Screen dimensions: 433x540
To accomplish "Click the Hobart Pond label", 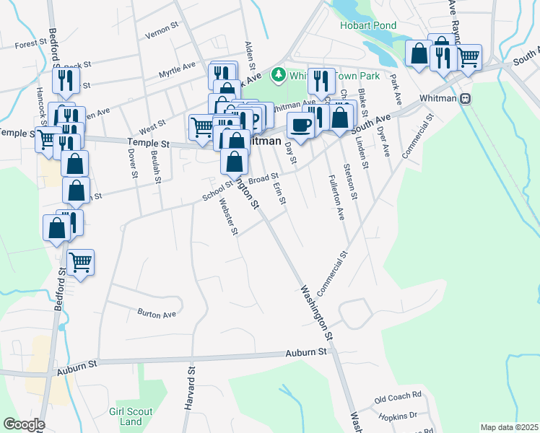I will (x=368, y=25).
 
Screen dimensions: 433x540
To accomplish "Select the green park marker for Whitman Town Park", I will (x=278, y=74).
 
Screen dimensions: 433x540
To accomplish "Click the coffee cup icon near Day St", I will (x=300, y=125).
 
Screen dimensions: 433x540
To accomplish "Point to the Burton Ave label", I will (x=157, y=315).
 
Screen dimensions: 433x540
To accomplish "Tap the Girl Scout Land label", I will (x=131, y=416).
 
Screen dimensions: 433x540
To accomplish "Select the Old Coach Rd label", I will (x=397, y=397).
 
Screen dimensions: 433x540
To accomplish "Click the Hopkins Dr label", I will (x=397, y=416).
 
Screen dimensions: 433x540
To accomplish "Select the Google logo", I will (x=24, y=424).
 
